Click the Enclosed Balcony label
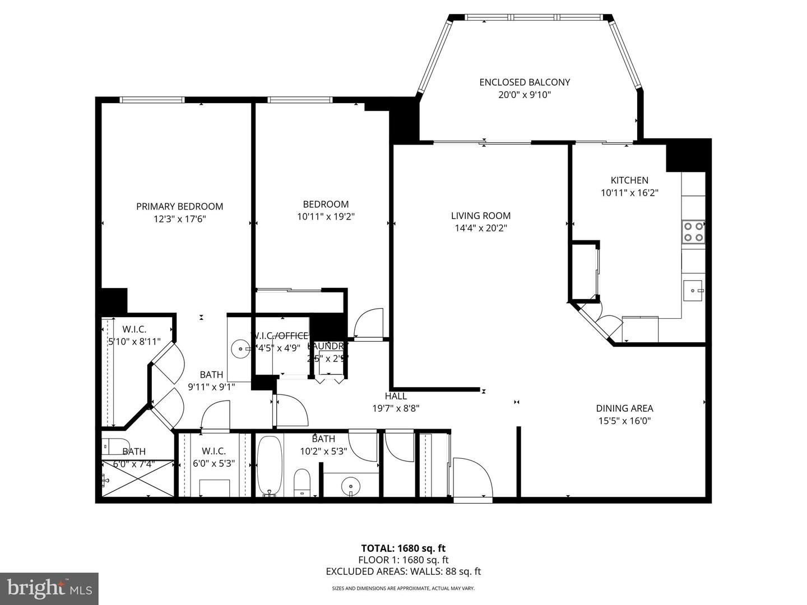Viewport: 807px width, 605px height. [x=525, y=82]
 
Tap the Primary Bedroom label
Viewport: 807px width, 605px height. [x=179, y=207]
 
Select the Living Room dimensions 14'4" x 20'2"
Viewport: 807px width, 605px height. [x=481, y=228]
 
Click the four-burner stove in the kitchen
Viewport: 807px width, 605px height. [x=693, y=232]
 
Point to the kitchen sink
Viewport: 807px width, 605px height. [x=693, y=291]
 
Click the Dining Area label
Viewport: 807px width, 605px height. [x=624, y=408]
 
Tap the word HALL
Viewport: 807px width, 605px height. [x=396, y=396]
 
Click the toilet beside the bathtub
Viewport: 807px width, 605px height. [x=302, y=483]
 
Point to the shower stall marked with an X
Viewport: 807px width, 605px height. [x=138, y=478]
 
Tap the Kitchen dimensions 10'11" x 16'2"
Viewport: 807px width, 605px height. [x=629, y=193]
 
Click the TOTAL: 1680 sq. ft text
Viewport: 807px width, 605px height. [x=403, y=548]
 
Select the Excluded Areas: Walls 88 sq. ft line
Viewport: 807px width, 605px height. [x=403, y=571]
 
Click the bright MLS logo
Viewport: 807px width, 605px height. [x=49, y=588]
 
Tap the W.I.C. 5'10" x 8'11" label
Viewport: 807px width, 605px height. [x=134, y=335]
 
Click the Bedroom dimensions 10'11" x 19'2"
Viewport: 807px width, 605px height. [x=326, y=216]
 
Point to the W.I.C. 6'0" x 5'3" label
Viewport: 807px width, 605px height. [x=214, y=457]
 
